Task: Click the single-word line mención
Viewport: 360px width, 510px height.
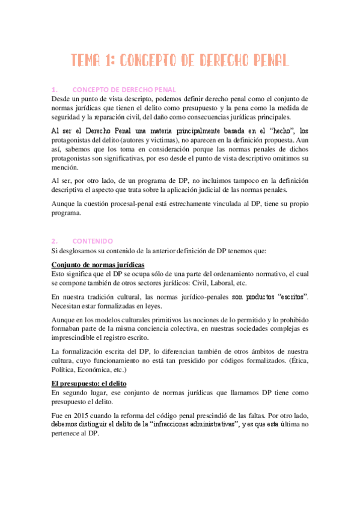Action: (x=64, y=168)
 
